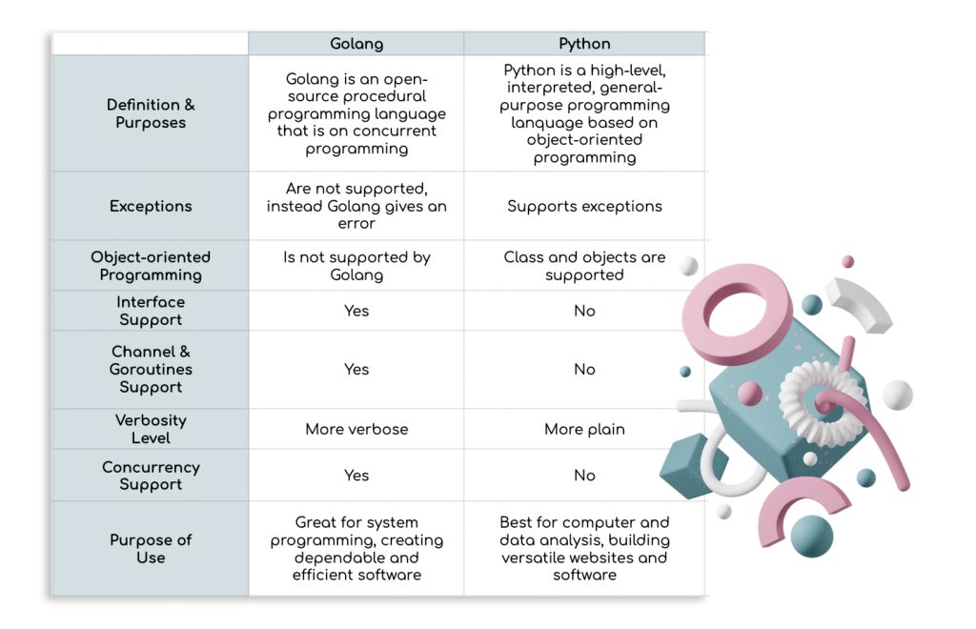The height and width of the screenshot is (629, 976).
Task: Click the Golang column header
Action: tap(356, 44)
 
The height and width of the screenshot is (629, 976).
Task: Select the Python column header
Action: tap(584, 44)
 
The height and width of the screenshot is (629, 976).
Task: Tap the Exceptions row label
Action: tap(151, 206)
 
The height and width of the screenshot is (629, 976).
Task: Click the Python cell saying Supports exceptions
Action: tap(584, 206)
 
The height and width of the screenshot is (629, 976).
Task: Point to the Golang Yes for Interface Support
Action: tap(356, 311)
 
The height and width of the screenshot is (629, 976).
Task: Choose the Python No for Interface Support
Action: tap(584, 311)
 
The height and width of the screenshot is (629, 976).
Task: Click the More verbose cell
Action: tap(356, 429)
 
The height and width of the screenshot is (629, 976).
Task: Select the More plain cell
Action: tap(584, 429)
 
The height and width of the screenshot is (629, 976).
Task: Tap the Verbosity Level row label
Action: tap(151, 429)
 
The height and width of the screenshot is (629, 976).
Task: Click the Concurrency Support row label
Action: tap(151, 476)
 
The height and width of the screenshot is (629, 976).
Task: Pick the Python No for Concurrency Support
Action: tap(584, 476)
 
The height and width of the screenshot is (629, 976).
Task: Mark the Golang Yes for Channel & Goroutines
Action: tap(356, 369)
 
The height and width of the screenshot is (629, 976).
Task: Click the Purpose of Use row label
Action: tap(151, 548)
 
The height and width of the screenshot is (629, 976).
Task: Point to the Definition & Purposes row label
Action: tap(151, 113)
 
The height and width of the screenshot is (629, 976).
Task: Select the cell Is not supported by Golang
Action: tap(356, 266)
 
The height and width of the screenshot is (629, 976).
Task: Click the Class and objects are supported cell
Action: tap(584, 266)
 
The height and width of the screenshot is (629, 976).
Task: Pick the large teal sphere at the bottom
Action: tap(811, 536)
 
